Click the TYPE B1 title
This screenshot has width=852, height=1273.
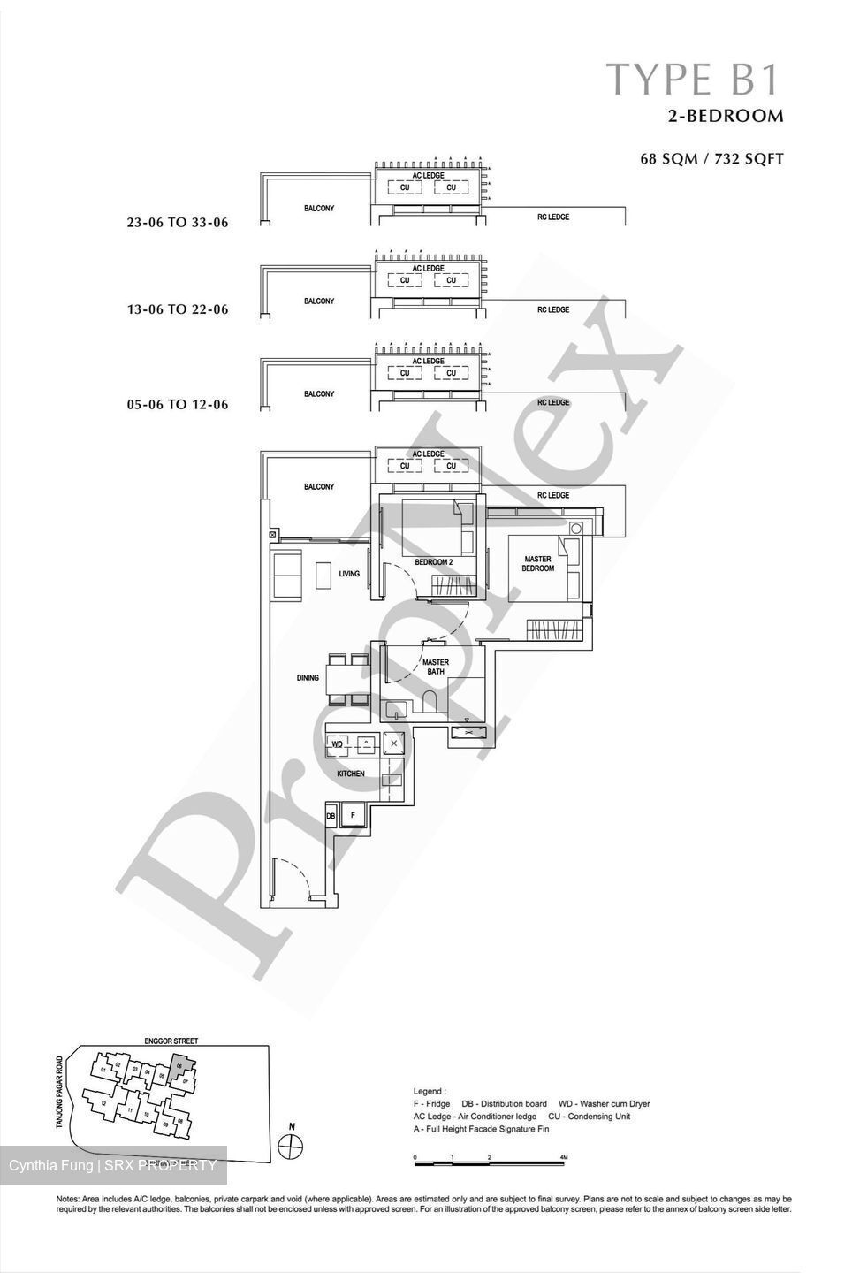[693, 79]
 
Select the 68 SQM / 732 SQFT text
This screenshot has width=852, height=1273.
[711, 160]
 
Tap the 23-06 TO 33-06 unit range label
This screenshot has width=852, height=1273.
[178, 223]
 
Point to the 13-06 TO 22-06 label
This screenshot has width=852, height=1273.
[178, 309]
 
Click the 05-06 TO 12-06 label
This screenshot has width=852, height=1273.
[178, 405]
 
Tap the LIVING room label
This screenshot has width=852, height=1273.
[349, 574]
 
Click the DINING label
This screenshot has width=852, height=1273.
[308, 678]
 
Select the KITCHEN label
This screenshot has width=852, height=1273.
[350, 774]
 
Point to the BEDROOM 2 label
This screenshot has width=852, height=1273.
[433, 562]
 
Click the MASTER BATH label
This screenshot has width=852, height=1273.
[435, 667]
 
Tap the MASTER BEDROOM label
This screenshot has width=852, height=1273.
[537, 564]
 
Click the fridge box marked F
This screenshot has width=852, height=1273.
[353, 814]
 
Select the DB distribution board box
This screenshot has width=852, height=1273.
[331, 815]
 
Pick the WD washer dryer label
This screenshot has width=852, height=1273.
[337, 745]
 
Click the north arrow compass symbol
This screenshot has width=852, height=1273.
[291, 1147]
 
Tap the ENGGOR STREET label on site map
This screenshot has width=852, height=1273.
[171, 1041]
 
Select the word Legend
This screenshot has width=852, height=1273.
[430, 1092]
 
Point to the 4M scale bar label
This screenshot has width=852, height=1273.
[563, 1157]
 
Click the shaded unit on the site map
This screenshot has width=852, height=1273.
[180, 1066]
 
